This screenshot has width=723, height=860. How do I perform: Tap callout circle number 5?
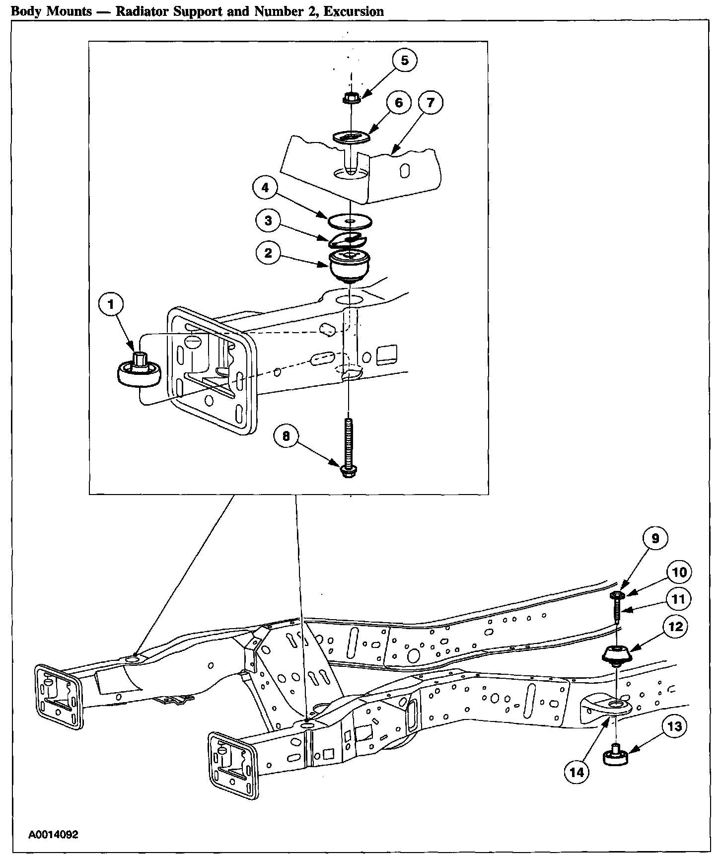pyautogui.click(x=404, y=61)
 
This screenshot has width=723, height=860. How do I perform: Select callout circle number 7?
pyautogui.click(x=430, y=103)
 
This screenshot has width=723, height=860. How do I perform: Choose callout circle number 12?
pyautogui.click(x=676, y=627)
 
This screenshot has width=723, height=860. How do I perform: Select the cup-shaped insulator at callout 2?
pyautogui.click(x=350, y=266)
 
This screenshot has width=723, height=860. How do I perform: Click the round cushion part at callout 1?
pyautogui.click(x=139, y=373)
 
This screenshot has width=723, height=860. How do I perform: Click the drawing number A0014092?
pyautogui.click(x=53, y=834)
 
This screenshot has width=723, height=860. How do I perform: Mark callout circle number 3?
pyautogui.click(x=269, y=220)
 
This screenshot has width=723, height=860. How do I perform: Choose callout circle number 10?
pyautogui.click(x=679, y=572)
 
